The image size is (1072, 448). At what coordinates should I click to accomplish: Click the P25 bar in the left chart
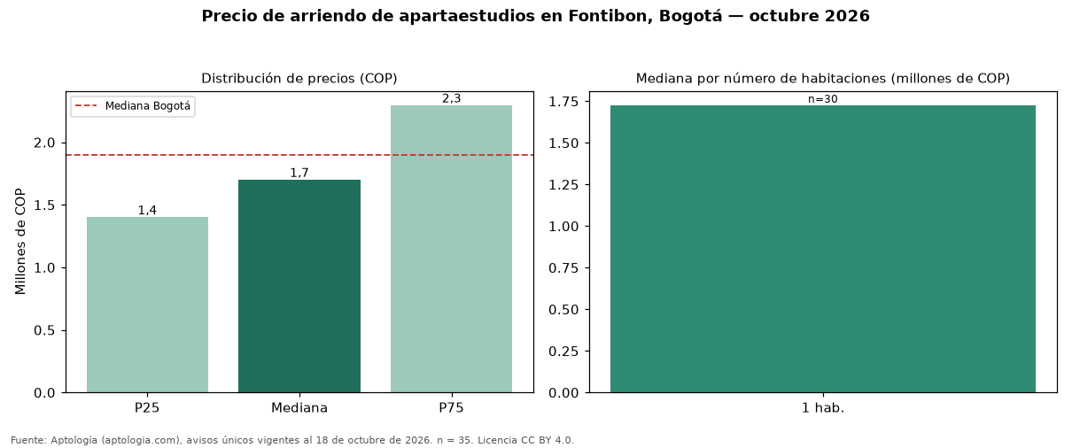click(x=147, y=305)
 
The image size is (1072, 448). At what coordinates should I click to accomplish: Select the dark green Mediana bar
click(x=299, y=286)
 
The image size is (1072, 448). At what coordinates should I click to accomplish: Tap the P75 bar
click(x=451, y=249)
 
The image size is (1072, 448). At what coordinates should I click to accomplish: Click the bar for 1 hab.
click(x=823, y=249)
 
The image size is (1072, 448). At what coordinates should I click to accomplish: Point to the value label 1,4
click(x=147, y=211)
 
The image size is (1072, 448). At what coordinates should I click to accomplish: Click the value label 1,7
click(x=299, y=173)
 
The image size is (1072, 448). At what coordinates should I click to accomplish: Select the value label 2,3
click(x=451, y=98)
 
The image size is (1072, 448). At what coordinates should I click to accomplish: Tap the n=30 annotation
click(x=823, y=99)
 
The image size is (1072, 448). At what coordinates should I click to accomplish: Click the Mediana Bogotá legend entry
click(x=133, y=106)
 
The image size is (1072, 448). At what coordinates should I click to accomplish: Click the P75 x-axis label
click(x=451, y=408)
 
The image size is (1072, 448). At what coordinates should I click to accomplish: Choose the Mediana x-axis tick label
click(x=299, y=408)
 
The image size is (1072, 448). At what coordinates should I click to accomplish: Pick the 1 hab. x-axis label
click(x=823, y=408)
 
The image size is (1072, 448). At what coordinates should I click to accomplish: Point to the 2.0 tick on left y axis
click(x=44, y=143)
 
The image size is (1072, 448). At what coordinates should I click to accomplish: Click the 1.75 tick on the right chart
click(x=563, y=102)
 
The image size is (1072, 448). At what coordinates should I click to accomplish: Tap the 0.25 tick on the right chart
click(x=563, y=351)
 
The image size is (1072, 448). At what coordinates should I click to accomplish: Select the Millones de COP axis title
click(x=20, y=242)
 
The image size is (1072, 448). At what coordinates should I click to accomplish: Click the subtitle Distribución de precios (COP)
click(x=299, y=79)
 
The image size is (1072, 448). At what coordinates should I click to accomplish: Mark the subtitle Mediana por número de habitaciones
click(x=761, y=79)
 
